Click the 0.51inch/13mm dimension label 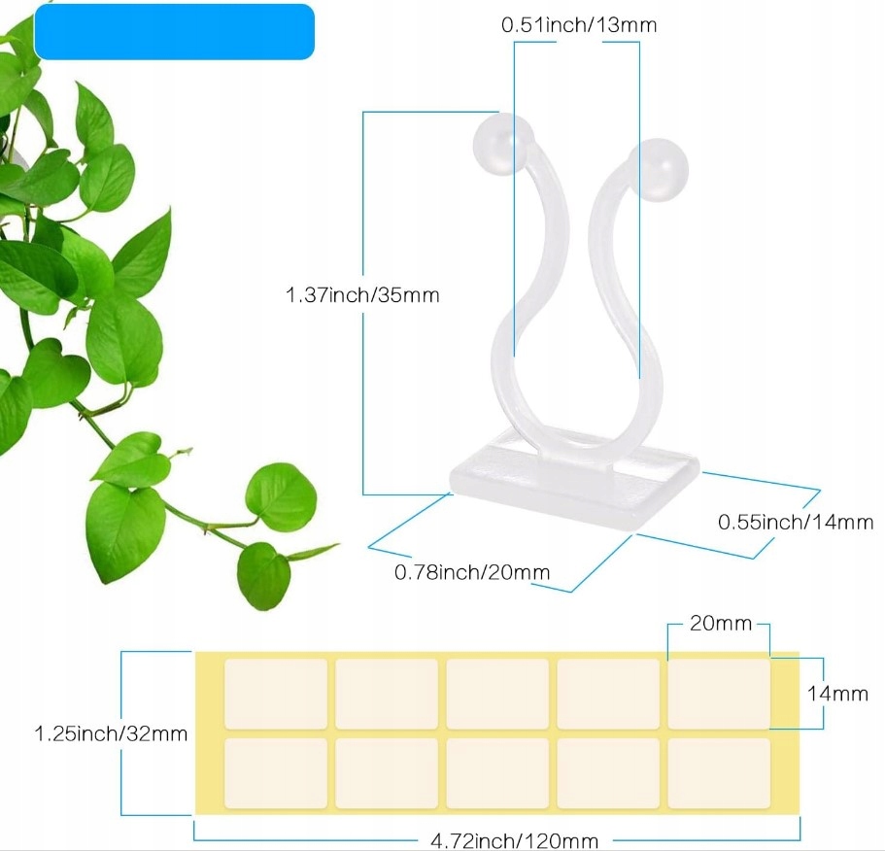tap(578, 25)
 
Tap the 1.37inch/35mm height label tap(362, 294)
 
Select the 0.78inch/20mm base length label tap(472, 572)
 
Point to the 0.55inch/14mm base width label tap(796, 522)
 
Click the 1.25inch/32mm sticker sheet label tap(111, 732)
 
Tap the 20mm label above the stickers tap(721, 624)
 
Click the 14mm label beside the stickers tap(837, 693)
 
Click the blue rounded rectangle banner tap(175, 32)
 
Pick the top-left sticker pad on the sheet tap(276, 694)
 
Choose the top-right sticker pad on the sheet tap(719, 694)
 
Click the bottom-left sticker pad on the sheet tap(276, 773)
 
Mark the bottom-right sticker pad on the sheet tap(719, 773)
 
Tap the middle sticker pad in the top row tap(497, 694)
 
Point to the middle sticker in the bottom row tap(497, 773)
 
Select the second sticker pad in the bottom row tap(387, 773)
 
